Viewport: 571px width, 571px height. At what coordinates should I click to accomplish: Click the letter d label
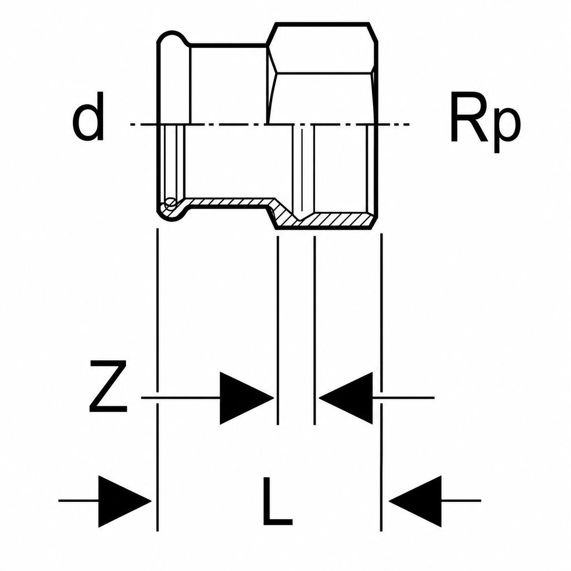tap(89, 116)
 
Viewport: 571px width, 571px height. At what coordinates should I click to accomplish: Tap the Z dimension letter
tap(109, 386)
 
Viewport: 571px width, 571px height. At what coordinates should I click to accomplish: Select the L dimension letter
tap(278, 501)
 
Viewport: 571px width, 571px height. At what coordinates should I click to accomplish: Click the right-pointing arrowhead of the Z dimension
tap(246, 398)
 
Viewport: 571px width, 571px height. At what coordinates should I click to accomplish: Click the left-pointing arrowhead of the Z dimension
tap(346, 398)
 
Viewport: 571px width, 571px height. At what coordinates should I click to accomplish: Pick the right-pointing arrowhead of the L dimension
tap(125, 501)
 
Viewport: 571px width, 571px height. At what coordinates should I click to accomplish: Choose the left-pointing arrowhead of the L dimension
tap(415, 501)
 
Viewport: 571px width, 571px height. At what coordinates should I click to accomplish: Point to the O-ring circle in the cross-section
tap(171, 203)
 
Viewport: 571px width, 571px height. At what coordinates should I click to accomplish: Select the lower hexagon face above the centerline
tap(323, 98)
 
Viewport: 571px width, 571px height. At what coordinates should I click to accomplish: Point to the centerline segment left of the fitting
tap(143, 124)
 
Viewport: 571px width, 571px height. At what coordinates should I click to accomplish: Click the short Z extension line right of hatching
tap(314, 330)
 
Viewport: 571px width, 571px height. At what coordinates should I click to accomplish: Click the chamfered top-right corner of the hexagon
tap(373, 33)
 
